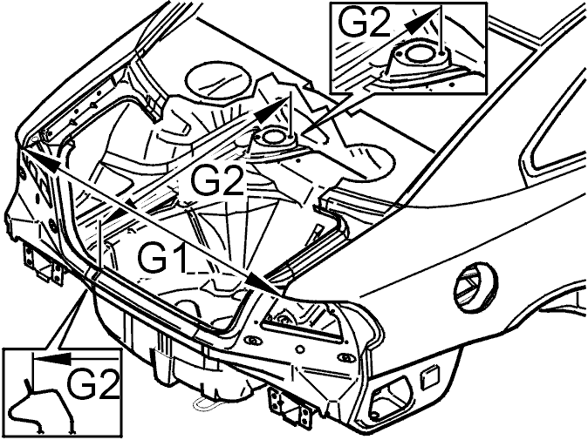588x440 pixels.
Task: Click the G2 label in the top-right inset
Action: [x=365, y=23]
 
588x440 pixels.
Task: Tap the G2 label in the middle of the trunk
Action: [x=217, y=179]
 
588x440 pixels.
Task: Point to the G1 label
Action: [x=162, y=258]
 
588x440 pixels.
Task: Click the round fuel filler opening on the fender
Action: [x=475, y=287]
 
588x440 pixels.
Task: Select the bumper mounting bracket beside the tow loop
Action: [x=290, y=406]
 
